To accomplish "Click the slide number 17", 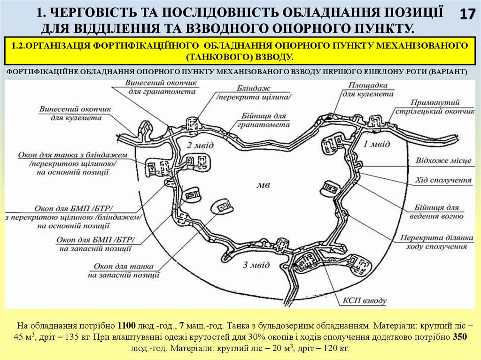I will click(467, 14).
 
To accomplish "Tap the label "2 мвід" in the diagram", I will click(197, 144).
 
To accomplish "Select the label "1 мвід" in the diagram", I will click(377, 144).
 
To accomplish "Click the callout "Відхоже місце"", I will click(443, 161).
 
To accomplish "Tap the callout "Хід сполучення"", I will click(443, 180).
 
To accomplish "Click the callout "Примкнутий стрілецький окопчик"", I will click(435, 107).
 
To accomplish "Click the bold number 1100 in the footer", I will click(126, 325).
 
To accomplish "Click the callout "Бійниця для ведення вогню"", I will click(439, 212).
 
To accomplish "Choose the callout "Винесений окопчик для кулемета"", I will click(76, 113).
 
